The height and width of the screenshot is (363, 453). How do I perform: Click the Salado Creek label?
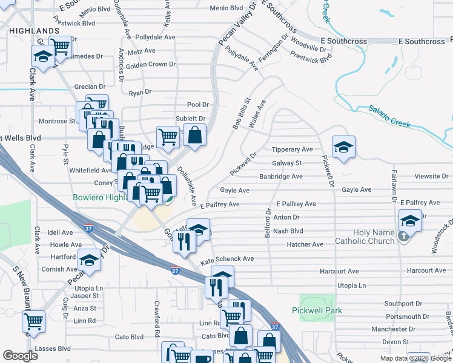(x=389, y=116)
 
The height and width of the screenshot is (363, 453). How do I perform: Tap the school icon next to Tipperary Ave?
(x=343, y=147)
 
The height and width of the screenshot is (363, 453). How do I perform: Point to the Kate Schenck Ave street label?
(x=227, y=258)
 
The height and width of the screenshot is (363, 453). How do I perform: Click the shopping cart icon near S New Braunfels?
(x=33, y=321)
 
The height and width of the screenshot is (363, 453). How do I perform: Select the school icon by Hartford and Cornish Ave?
(x=90, y=260)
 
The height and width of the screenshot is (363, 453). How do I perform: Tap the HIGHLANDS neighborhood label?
(x=34, y=30)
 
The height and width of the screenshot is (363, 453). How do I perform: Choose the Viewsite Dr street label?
(x=431, y=176)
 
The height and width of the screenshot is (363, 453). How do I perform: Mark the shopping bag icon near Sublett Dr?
(x=194, y=136)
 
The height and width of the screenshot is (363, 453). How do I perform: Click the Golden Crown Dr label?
(x=151, y=64)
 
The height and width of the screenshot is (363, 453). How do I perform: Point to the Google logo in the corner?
(x=20, y=355)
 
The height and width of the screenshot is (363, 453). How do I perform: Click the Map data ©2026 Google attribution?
(x=415, y=358)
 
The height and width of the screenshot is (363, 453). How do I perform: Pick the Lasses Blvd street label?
(x=53, y=349)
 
